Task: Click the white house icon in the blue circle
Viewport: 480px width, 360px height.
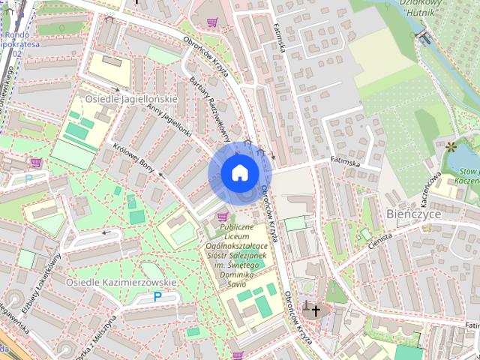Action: click(x=239, y=173)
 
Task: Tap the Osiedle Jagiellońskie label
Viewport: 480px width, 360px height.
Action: click(x=130, y=99)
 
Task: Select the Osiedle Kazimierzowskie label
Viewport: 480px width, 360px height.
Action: click(x=121, y=283)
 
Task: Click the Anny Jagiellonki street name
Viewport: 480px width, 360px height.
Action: click(x=169, y=121)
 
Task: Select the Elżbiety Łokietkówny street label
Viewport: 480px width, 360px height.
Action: click(x=44, y=280)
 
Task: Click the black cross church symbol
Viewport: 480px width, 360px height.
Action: click(x=316, y=310)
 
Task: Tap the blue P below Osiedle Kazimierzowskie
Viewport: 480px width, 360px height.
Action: click(x=157, y=297)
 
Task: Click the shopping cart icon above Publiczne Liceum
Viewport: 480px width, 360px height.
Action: click(x=222, y=217)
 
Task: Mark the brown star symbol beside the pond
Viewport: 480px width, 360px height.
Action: click(x=451, y=145)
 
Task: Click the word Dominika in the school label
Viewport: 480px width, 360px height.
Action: click(x=240, y=274)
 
